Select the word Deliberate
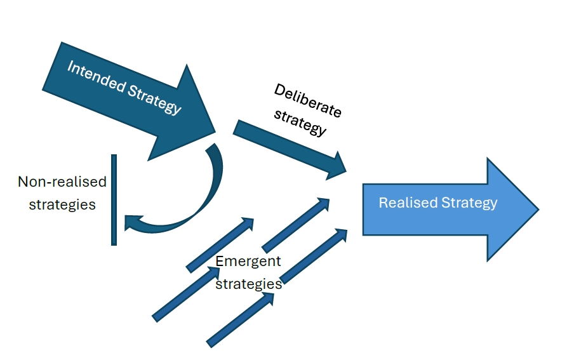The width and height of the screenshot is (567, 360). tap(307, 100)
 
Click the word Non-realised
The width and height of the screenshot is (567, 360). tap(62, 182)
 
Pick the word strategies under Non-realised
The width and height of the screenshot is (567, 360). tap(62, 204)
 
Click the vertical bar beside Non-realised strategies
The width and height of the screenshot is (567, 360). tap(114, 199)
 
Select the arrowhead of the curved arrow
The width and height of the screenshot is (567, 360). tap(132, 222)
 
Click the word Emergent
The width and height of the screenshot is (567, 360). tap(248, 261)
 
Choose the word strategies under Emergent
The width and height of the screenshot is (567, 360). tap(248, 283)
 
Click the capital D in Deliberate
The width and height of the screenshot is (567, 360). tap(280, 91)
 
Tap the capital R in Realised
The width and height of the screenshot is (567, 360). tap(382, 203)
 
